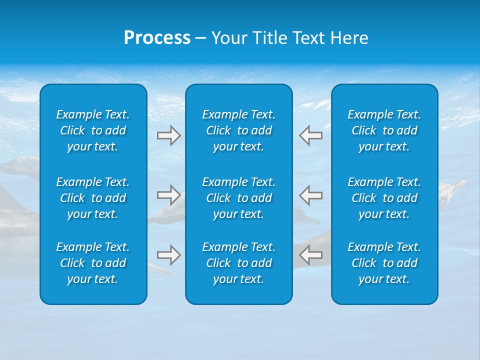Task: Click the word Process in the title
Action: pos(157,38)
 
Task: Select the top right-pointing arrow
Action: pos(168,135)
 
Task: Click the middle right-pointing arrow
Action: pos(168,195)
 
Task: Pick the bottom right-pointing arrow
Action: pos(168,255)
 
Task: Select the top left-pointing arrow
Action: pos(310,135)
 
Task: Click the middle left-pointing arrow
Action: pos(310,195)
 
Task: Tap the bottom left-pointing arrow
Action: pos(310,255)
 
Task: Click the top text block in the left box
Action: pos(93,130)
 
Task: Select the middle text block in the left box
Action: pos(93,198)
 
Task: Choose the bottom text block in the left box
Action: pos(93,263)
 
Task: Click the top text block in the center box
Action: pos(239,130)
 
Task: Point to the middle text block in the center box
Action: pos(239,198)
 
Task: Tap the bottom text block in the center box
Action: pos(239,263)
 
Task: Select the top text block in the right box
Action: pos(384,130)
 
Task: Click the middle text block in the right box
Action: pos(384,198)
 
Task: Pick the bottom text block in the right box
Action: pos(384,263)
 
